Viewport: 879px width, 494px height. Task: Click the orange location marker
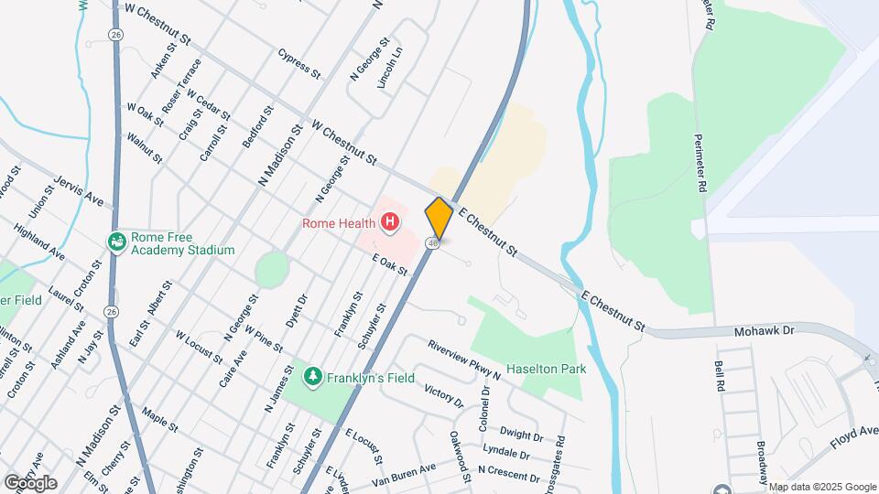(x=439, y=218)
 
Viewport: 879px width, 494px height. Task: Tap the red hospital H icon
(x=391, y=222)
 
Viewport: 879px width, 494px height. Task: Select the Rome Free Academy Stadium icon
(x=117, y=242)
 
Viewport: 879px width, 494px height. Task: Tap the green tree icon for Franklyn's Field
(x=313, y=376)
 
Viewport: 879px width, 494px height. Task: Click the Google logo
(x=30, y=482)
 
